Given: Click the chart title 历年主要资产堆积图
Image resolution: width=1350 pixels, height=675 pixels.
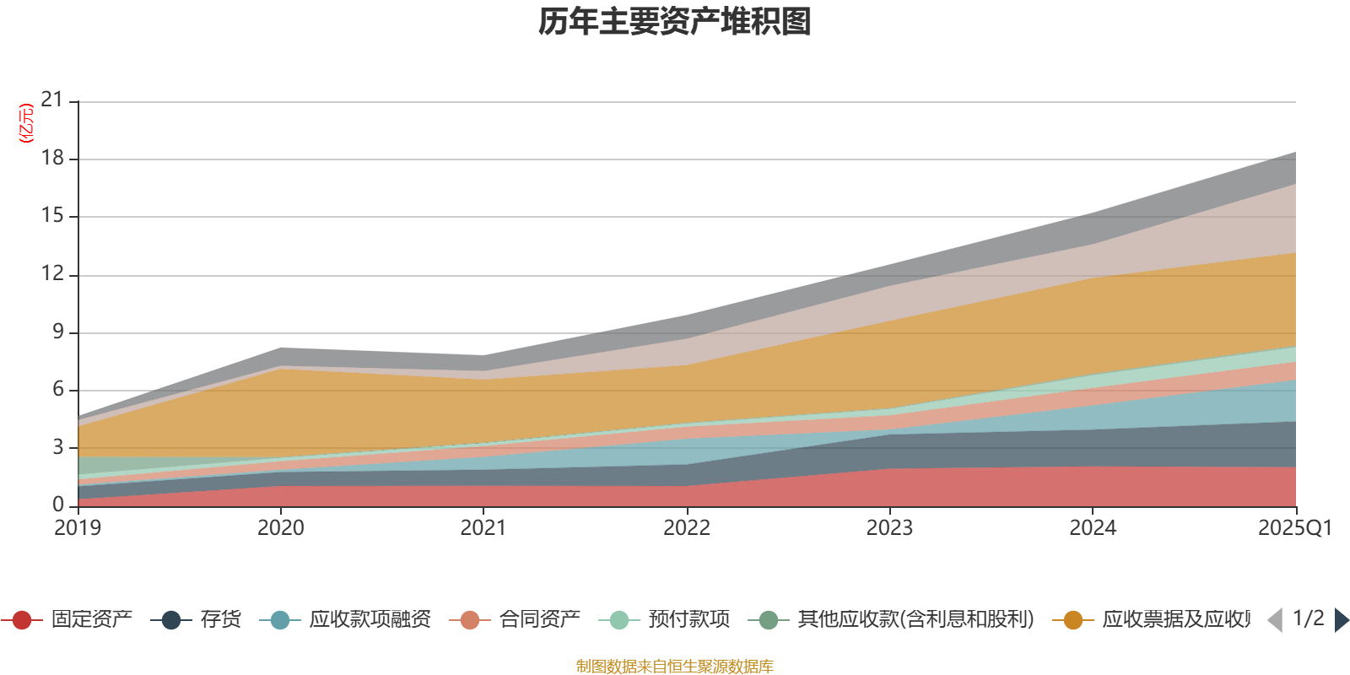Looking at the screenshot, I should point(675,23).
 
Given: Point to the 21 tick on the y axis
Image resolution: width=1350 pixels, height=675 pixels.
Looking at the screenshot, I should point(52,100).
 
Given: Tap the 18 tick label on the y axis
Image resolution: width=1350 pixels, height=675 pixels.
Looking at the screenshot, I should point(52,159).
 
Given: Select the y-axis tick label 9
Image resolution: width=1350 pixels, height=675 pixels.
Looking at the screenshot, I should point(58,332).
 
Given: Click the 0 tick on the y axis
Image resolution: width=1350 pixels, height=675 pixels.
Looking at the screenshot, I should point(58,505).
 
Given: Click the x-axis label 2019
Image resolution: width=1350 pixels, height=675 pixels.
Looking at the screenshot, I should point(78,528).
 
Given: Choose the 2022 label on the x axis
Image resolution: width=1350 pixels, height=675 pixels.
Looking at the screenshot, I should point(687,528).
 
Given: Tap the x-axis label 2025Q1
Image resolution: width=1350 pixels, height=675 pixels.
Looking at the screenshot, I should point(1294,528).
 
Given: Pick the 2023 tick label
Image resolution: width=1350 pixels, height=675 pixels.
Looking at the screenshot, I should point(889,528).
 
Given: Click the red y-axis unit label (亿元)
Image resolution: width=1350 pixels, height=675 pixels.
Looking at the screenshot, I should point(26,123).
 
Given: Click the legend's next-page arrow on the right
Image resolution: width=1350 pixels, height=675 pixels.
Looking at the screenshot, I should point(1341,620).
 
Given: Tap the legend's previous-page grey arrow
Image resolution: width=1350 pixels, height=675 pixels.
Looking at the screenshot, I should point(1275,620).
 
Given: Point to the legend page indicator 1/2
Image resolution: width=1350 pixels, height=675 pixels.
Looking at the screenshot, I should point(1308,618).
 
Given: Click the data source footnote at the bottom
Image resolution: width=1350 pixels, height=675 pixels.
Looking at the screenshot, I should point(675,667).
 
